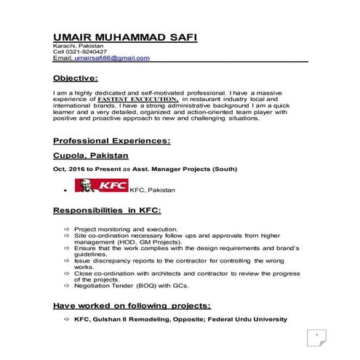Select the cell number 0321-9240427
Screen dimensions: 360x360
(87, 52)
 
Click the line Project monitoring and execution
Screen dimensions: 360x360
(120, 228)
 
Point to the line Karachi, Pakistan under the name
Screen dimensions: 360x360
(79, 47)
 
